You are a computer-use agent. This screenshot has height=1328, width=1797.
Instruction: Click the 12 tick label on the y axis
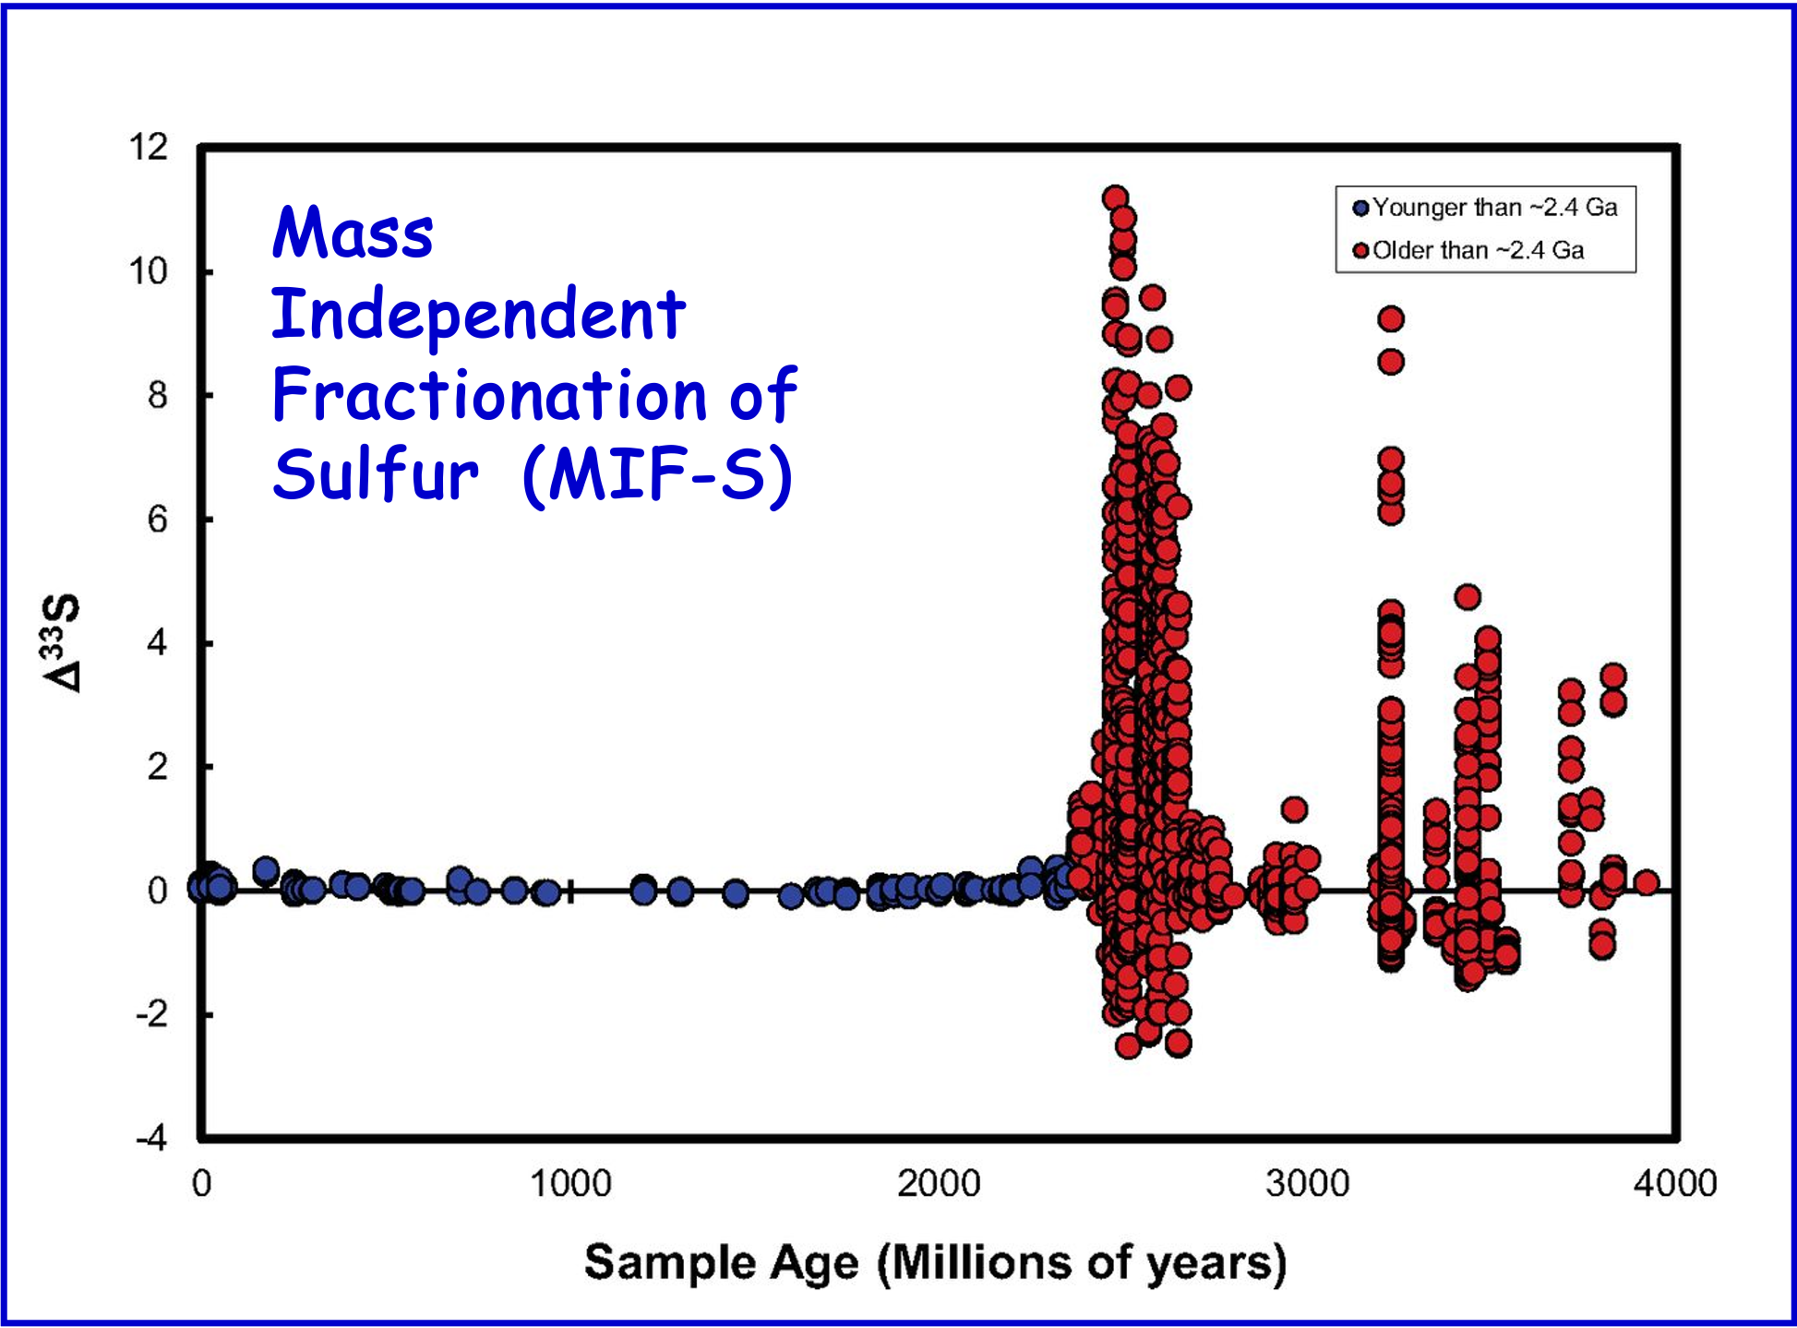(149, 148)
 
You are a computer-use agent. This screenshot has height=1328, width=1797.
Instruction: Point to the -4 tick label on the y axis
(152, 1138)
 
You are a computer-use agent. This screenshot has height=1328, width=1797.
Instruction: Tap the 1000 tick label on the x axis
(570, 1184)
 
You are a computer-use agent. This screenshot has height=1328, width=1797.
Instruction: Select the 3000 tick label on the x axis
(1307, 1184)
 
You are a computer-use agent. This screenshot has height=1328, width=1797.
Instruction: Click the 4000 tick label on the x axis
(1674, 1184)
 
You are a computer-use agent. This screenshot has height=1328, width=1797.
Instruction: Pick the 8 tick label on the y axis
(158, 396)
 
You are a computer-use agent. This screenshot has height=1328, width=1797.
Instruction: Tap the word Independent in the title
(478, 314)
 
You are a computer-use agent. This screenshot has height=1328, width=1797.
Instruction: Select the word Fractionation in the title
(488, 395)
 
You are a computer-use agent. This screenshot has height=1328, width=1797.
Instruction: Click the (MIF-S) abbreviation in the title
(657, 475)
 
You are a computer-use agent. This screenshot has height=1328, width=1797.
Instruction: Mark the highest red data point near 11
(1115, 197)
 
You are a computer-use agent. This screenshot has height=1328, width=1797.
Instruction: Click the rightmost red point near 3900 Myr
(1647, 883)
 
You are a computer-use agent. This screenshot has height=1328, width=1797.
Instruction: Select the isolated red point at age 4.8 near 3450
(1468, 597)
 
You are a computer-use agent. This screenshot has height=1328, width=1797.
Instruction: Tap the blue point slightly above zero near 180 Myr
(266, 869)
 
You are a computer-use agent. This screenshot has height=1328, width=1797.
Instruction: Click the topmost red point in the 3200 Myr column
(1391, 319)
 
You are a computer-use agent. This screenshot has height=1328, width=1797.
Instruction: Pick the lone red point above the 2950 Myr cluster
(1294, 809)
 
